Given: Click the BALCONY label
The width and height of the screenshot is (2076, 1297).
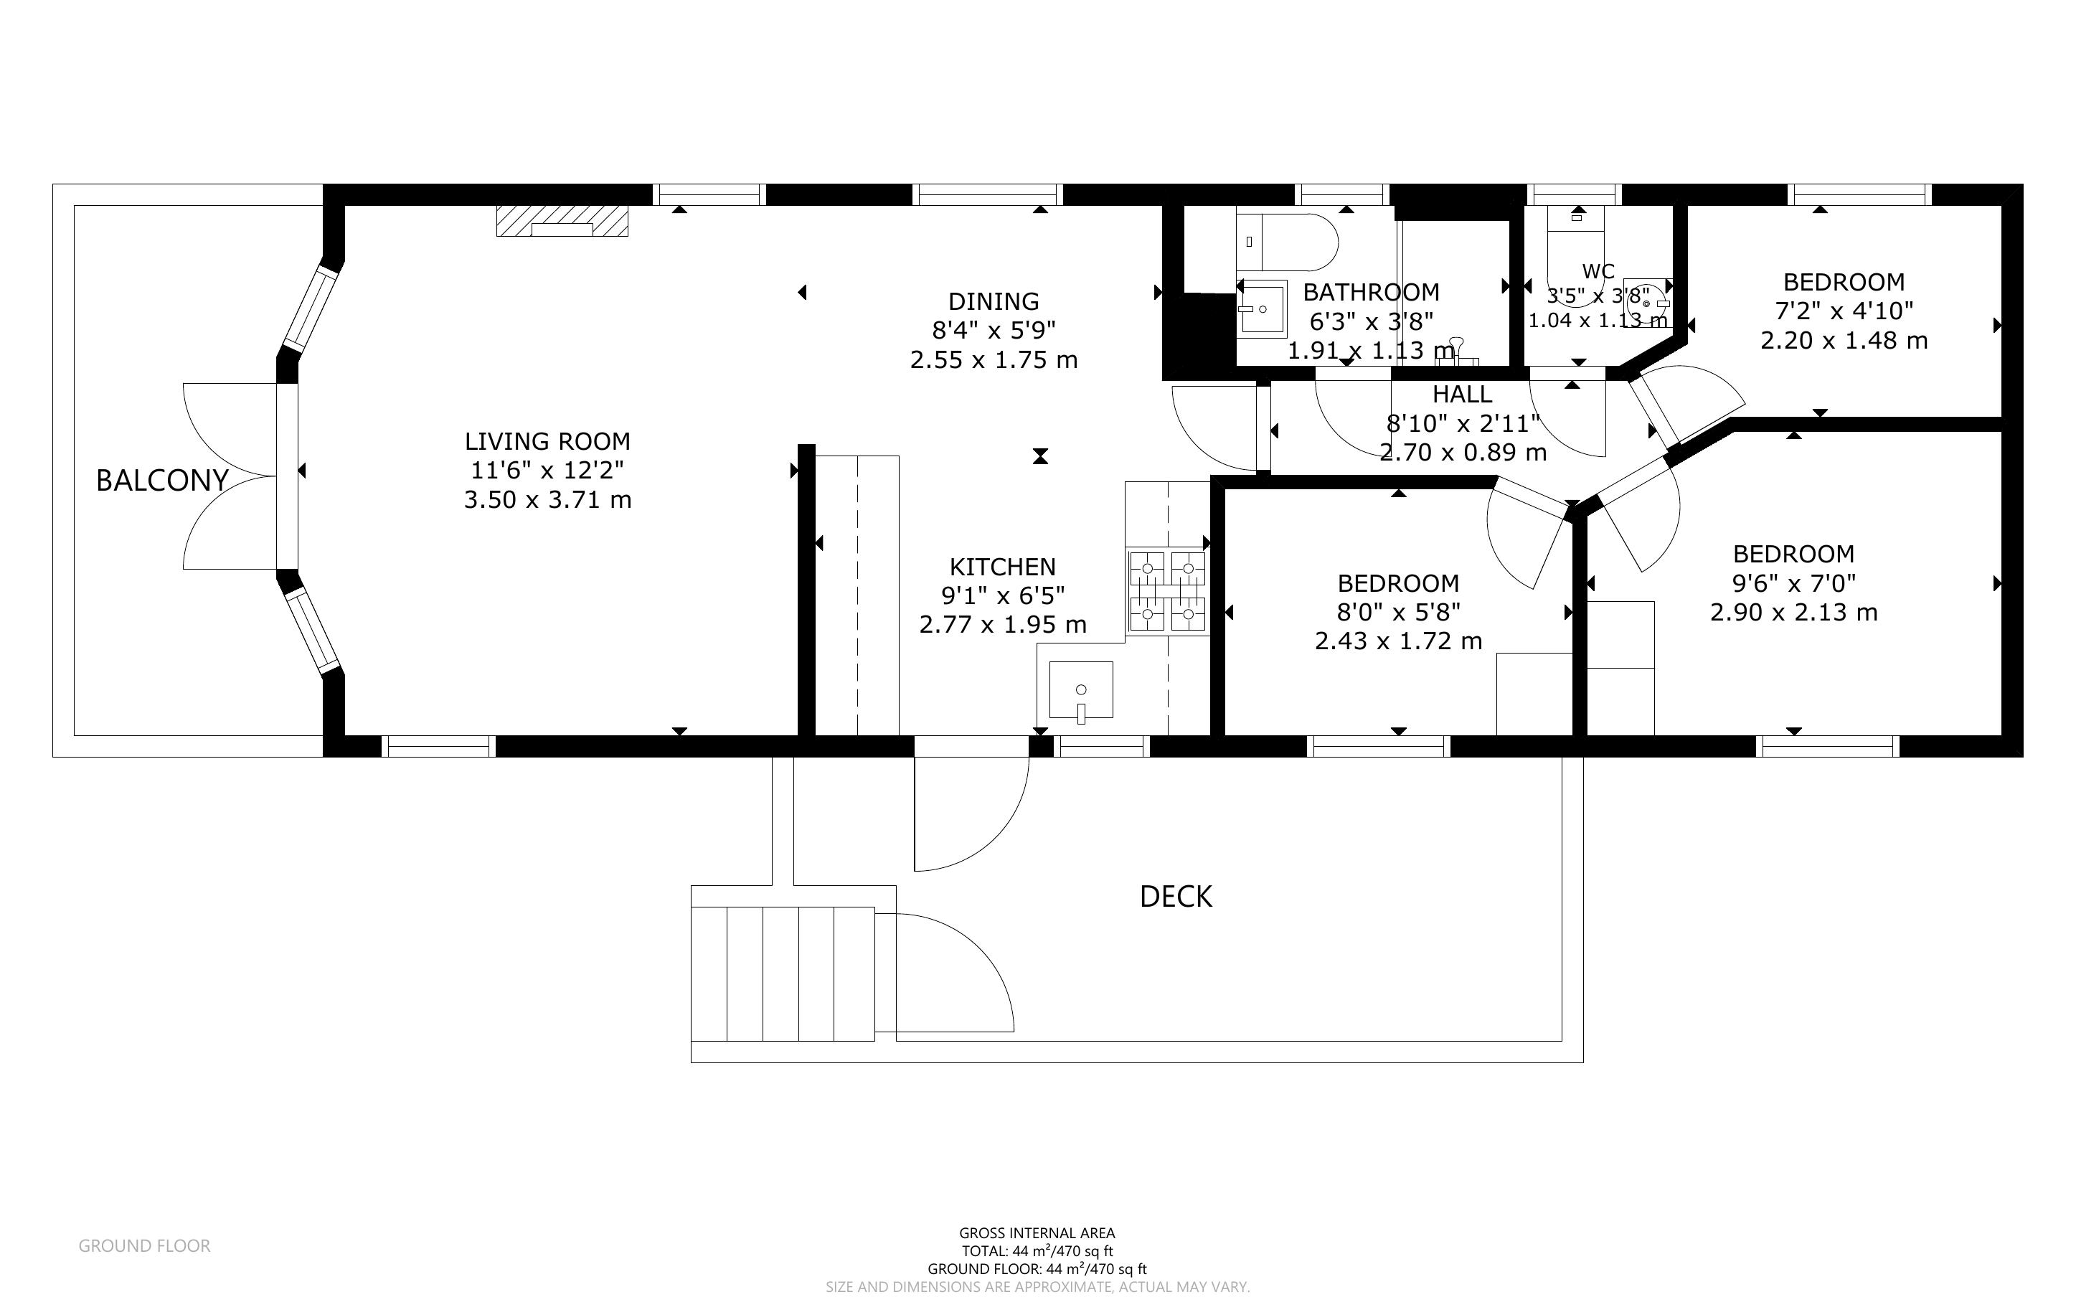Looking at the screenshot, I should (x=162, y=481).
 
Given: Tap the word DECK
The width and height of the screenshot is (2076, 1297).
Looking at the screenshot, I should (x=1176, y=897).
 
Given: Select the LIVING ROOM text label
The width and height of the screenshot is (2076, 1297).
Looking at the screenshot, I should (x=547, y=441).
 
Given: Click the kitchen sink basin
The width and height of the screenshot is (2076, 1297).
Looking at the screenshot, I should (x=1080, y=689).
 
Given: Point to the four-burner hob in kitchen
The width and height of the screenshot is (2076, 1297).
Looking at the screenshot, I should (x=1167, y=592).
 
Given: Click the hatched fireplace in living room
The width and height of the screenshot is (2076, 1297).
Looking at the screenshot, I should (x=562, y=222).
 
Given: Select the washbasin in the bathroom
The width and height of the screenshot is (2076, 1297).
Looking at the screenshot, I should (x=1260, y=308).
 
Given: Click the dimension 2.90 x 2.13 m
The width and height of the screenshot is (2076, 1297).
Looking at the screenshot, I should (x=1793, y=613).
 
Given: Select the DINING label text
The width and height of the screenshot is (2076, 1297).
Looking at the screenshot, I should (x=993, y=301).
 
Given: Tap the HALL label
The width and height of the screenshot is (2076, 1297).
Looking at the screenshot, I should (x=1462, y=395).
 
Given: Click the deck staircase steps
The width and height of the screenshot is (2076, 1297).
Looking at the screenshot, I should (x=782, y=973).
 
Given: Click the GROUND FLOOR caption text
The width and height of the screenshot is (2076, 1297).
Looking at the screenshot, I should (x=144, y=1245).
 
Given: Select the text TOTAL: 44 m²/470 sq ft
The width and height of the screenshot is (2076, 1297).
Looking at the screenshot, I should (x=1037, y=1252).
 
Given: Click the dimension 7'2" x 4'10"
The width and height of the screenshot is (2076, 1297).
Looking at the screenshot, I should (x=1844, y=311).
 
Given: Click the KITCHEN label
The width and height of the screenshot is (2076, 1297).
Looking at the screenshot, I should (x=1001, y=566).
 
